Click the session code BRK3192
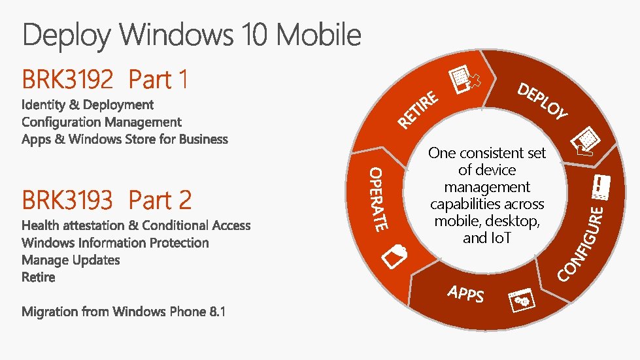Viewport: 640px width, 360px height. [67, 80]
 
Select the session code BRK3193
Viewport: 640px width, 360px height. [67, 200]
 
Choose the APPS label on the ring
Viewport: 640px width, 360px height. [466, 294]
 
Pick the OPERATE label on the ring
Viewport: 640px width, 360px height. [379, 199]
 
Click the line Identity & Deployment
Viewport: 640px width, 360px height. [88, 105]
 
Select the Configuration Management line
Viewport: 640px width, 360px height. [101, 122]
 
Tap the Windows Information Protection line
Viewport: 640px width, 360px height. [115, 243]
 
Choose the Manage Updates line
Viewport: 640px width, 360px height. [71, 260]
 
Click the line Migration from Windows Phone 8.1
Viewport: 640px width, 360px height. [124, 312]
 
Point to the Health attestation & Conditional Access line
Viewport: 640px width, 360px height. [136, 225]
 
